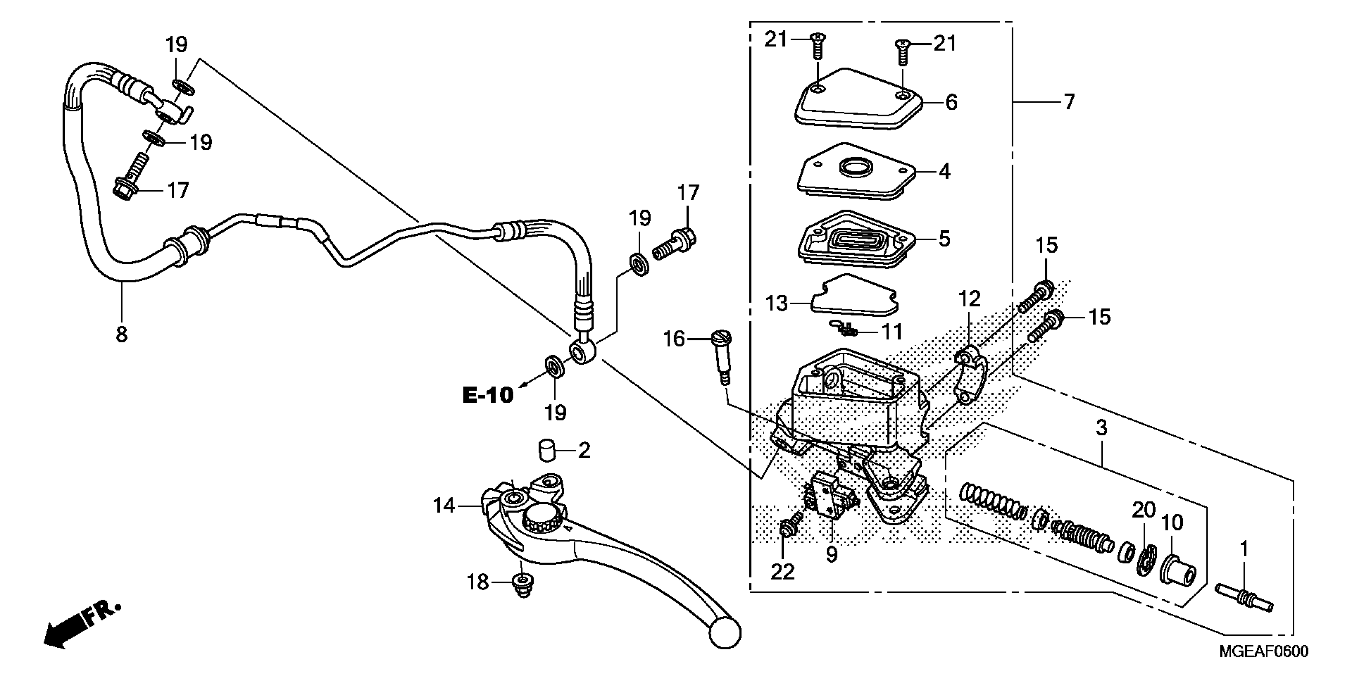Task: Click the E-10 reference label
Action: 488,395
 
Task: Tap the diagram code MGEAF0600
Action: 1263,652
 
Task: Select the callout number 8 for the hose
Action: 121,334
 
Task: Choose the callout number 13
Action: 777,303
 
